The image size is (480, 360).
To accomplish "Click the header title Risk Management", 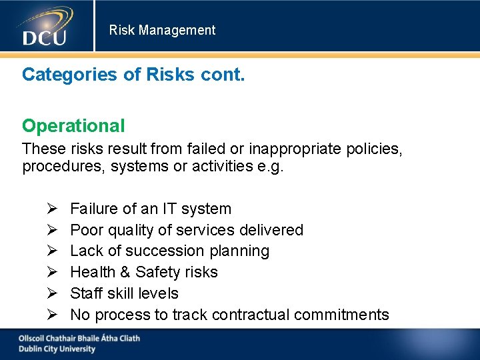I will tap(162, 30).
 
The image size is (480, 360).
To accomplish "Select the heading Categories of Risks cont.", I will tap(133, 74).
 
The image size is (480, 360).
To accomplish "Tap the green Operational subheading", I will tap(73, 125).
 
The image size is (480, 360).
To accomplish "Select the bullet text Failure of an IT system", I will tap(151, 209).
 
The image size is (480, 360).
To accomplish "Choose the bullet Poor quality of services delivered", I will tap(187, 230).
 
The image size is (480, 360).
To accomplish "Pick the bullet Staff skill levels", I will tap(124, 293).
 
